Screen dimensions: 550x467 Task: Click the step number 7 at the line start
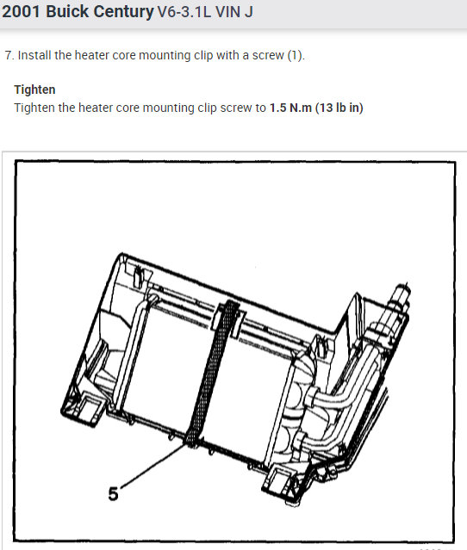8,55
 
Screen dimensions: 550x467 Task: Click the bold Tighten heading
34,90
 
